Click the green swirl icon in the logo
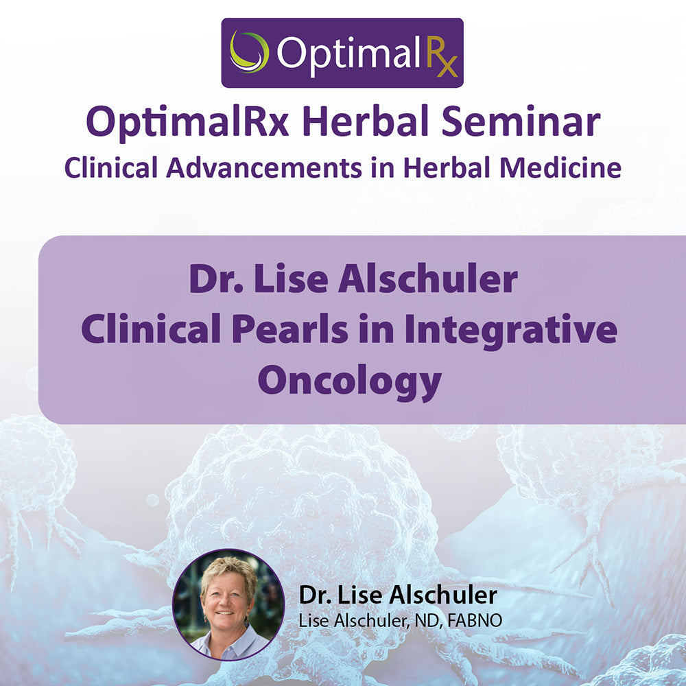[x=248, y=51]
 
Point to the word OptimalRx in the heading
[x=188, y=123]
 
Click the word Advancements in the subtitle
[x=264, y=168]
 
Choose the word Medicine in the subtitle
[x=560, y=168]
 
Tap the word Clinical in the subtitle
[x=111, y=168]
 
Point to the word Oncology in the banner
[x=350, y=381]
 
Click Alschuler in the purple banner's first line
[x=428, y=279]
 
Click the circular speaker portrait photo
[x=228, y=604]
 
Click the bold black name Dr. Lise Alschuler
[x=398, y=595]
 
